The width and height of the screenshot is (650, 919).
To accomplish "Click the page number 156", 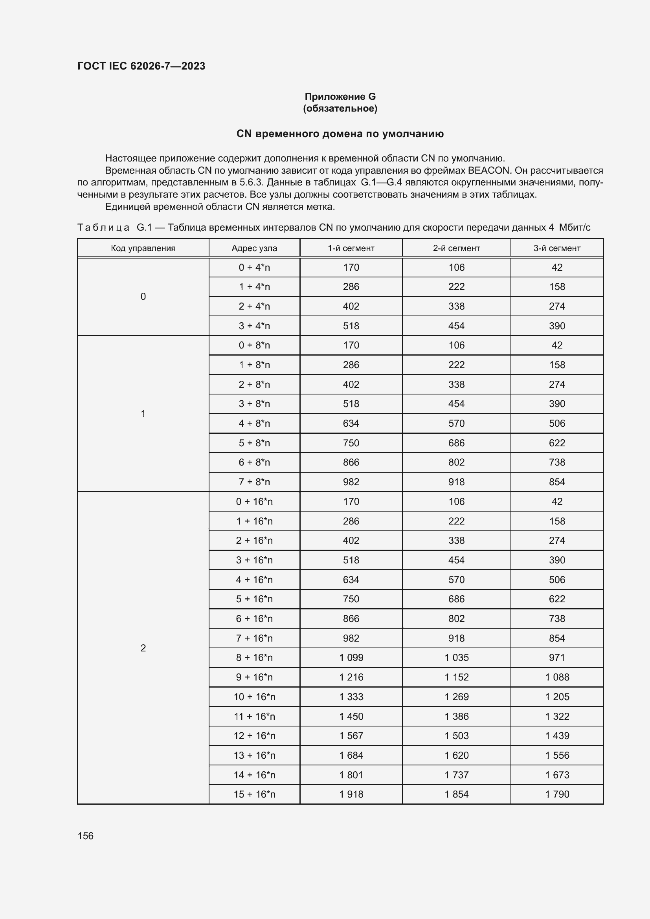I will (x=85, y=836).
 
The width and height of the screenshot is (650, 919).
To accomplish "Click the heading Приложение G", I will (x=340, y=97).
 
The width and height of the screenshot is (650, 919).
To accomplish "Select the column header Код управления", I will (x=143, y=248).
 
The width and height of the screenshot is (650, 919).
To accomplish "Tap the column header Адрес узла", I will (x=254, y=248).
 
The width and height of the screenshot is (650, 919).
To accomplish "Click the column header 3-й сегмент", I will (x=557, y=248).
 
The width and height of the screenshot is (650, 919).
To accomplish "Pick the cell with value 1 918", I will (x=351, y=794).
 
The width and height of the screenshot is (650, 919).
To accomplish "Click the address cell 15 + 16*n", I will (x=254, y=794).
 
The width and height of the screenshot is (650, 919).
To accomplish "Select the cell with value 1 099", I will (x=351, y=658).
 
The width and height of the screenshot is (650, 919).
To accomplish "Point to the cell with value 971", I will (x=557, y=658).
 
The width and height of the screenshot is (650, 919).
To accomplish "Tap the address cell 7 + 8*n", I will (x=254, y=482).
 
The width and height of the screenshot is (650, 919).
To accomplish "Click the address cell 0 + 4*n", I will (x=254, y=268).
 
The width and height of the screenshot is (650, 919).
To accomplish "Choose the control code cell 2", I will (x=143, y=648).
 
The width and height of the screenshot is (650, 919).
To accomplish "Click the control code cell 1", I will (x=143, y=413).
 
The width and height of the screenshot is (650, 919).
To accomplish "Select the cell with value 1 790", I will (x=557, y=794).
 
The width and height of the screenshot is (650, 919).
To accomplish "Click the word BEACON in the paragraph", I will (x=488, y=171).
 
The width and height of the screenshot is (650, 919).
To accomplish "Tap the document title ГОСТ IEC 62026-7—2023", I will (x=141, y=66).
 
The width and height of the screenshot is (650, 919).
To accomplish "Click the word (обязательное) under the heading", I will (x=340, y=108).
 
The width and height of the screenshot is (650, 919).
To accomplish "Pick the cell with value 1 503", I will (x=456, y=736).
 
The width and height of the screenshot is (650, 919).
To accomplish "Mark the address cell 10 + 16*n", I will (x=254, y=697).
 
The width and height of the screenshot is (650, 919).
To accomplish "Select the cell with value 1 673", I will (x=557, y=775).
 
